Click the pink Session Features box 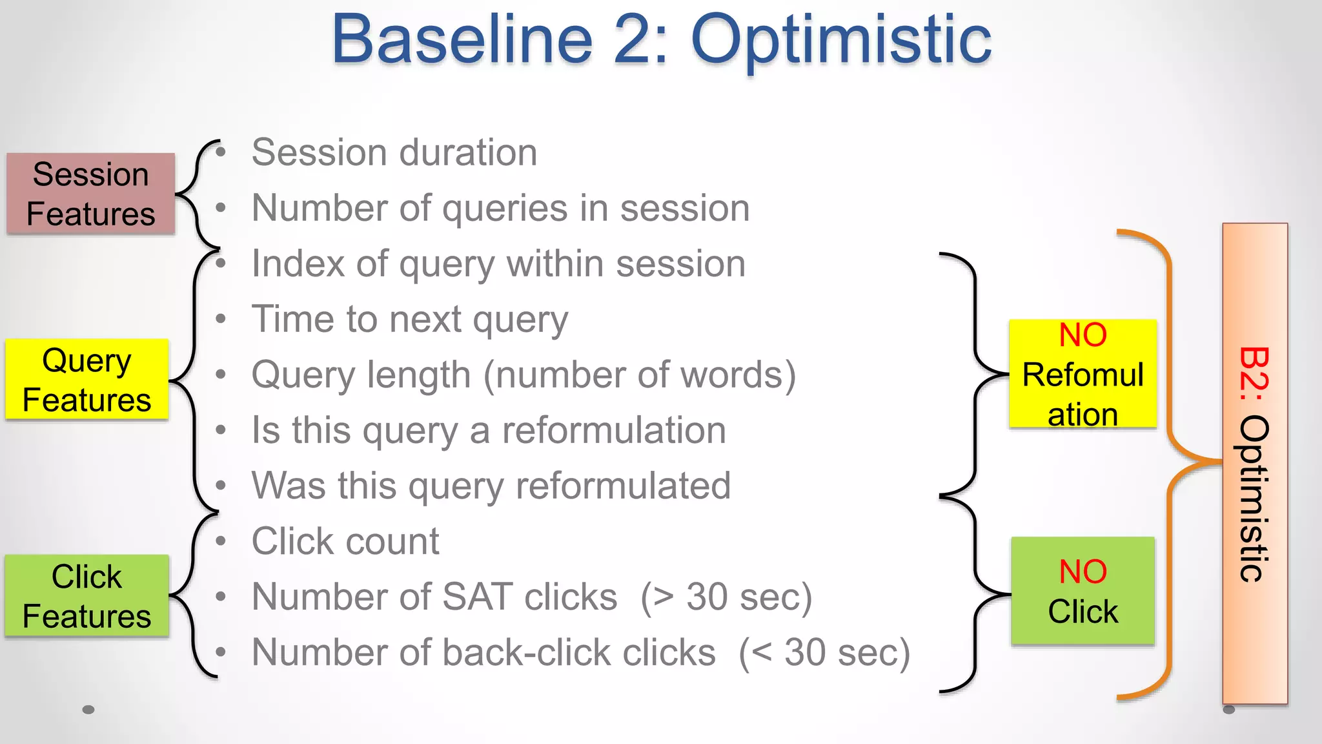(90, 194)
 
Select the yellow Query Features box (87, 380)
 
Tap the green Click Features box (87, 595)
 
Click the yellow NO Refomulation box (1083, 374)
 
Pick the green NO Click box (1083, 591)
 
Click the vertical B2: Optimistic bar (1254, 463)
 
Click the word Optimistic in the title (840, 40)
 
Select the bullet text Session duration (394, 152)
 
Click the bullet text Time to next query (410, 319)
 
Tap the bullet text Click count (345, 541)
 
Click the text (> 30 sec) (726, 597)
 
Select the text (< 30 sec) (824, 652)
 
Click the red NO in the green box (1083, 572)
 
